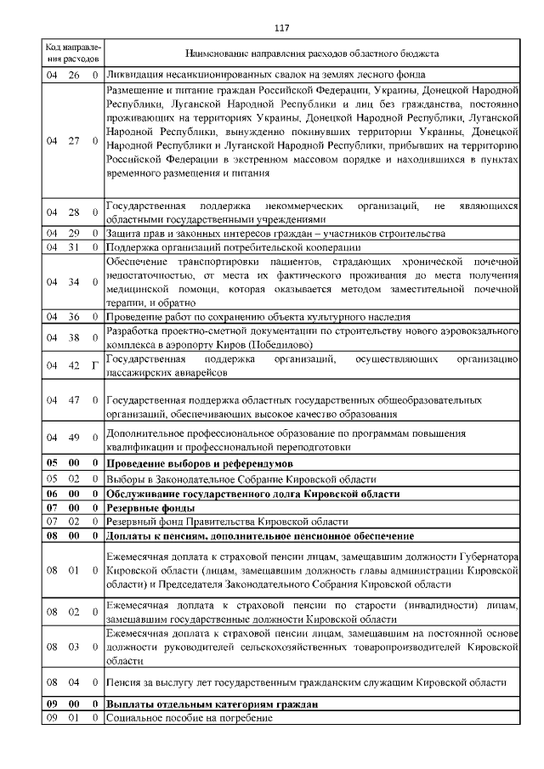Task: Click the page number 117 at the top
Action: point(282,28)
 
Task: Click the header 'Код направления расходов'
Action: point(72,54)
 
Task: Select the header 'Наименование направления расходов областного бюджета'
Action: point(311,54)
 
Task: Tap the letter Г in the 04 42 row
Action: point(94,365)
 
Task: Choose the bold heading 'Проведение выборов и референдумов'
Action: point(199,464)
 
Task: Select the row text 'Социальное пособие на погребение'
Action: point(189,719)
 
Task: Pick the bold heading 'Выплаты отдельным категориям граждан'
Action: point(212,705)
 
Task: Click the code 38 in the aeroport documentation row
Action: point(74,337)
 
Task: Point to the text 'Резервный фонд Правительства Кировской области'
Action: point(227,521)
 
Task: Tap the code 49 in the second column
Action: point(74,438)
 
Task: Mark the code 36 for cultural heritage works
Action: point(74,316)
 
